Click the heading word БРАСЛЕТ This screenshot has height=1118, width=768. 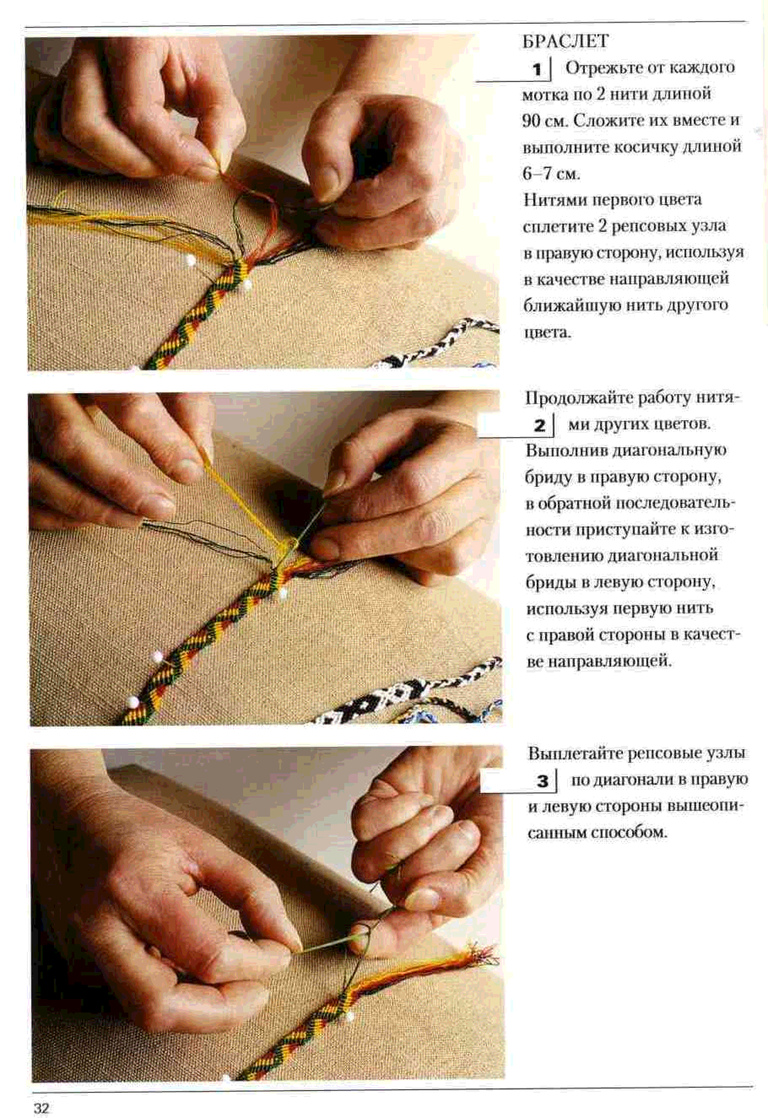[566, 41]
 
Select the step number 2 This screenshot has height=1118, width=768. [539, 426]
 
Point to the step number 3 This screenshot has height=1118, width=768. [542, 781]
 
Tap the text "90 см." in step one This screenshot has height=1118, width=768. [546, 120]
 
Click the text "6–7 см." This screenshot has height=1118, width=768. [552, 173]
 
